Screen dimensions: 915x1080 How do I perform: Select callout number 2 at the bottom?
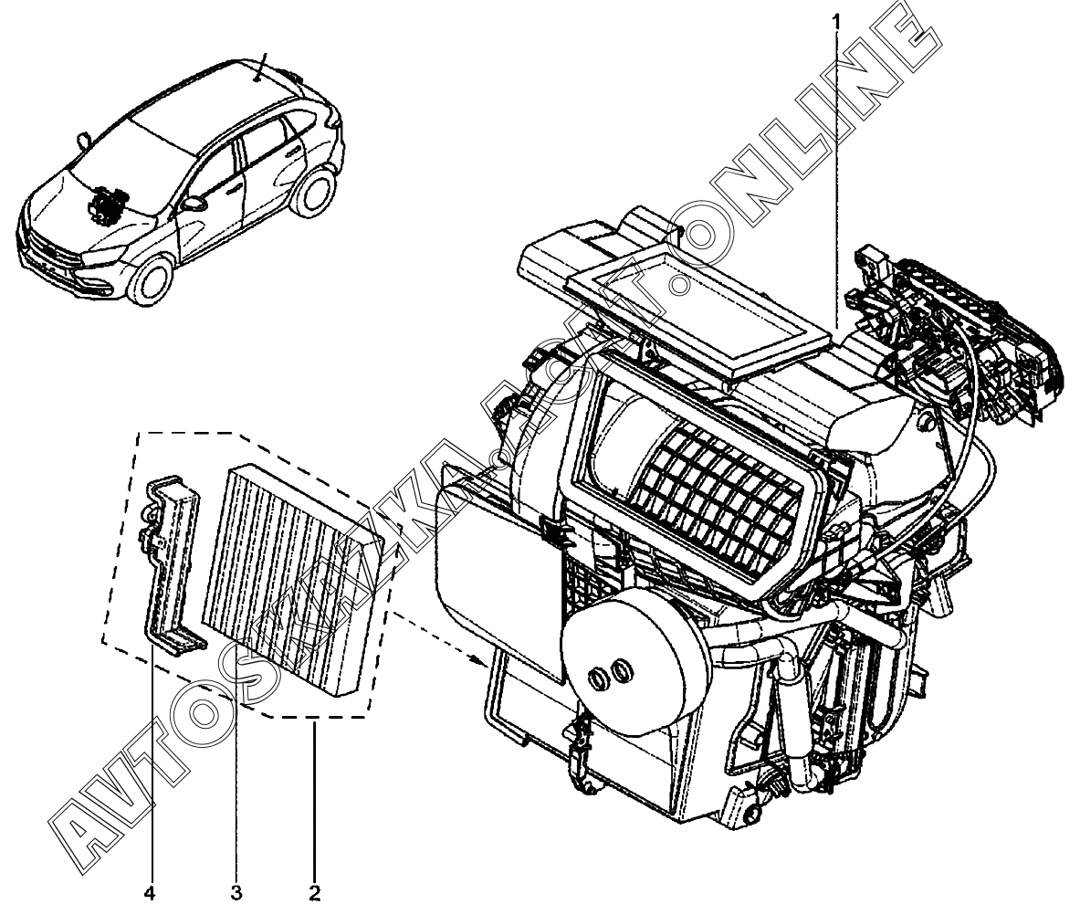[314, 890]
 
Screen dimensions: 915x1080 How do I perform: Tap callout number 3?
[236, 890]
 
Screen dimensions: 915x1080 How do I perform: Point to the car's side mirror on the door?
[193, 202]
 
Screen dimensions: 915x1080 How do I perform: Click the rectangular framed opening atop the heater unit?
[697, 306]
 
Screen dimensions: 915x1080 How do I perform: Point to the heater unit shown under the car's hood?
[108, 205]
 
